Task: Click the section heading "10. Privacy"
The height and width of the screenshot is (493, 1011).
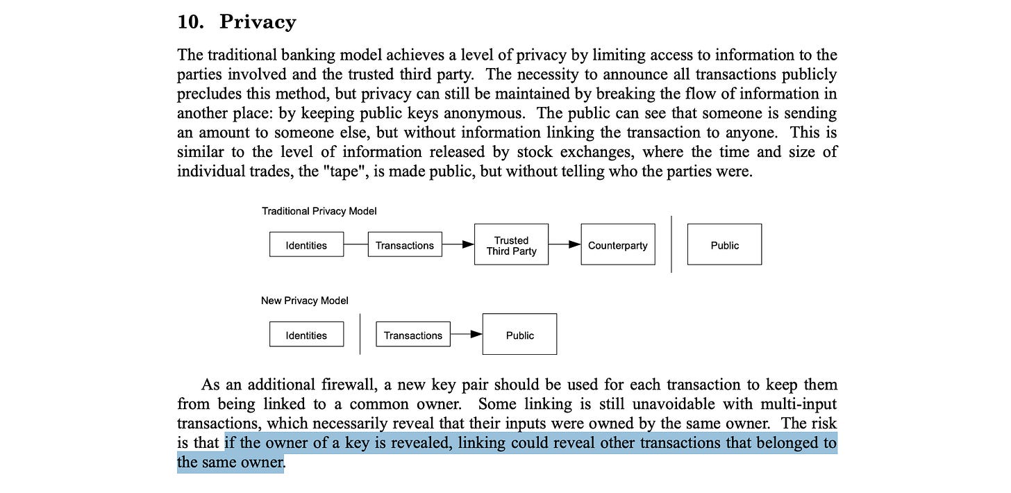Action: point(237,22)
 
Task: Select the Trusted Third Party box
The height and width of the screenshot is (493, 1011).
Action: point(511,244)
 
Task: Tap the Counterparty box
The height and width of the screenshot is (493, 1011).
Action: point(617,244)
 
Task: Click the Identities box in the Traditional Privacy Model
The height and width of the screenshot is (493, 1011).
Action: point(306,244)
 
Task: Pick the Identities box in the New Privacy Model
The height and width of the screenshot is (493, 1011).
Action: point(306,335)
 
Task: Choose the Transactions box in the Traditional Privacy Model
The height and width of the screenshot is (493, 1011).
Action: point(405,244)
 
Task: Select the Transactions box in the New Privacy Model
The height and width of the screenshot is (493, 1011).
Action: point(413,335)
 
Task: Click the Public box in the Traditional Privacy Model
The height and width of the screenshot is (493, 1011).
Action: point(724,244)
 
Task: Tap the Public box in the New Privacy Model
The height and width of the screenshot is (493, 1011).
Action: point(519,335)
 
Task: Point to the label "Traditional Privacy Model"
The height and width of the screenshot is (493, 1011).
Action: point(319,210)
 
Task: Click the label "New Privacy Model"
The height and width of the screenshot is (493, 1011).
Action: point(305,301)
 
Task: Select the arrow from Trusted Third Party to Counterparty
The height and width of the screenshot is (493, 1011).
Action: point(565,244)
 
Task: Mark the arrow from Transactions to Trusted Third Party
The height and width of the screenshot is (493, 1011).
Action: point(458,244)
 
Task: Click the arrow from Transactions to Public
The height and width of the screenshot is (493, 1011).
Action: point(467,335)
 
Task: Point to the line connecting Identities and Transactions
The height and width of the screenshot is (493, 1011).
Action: point(356,244)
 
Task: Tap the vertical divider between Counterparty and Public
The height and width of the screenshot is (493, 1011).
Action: point(671,244)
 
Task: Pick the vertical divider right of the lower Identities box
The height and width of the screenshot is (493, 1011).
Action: point(360,335)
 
